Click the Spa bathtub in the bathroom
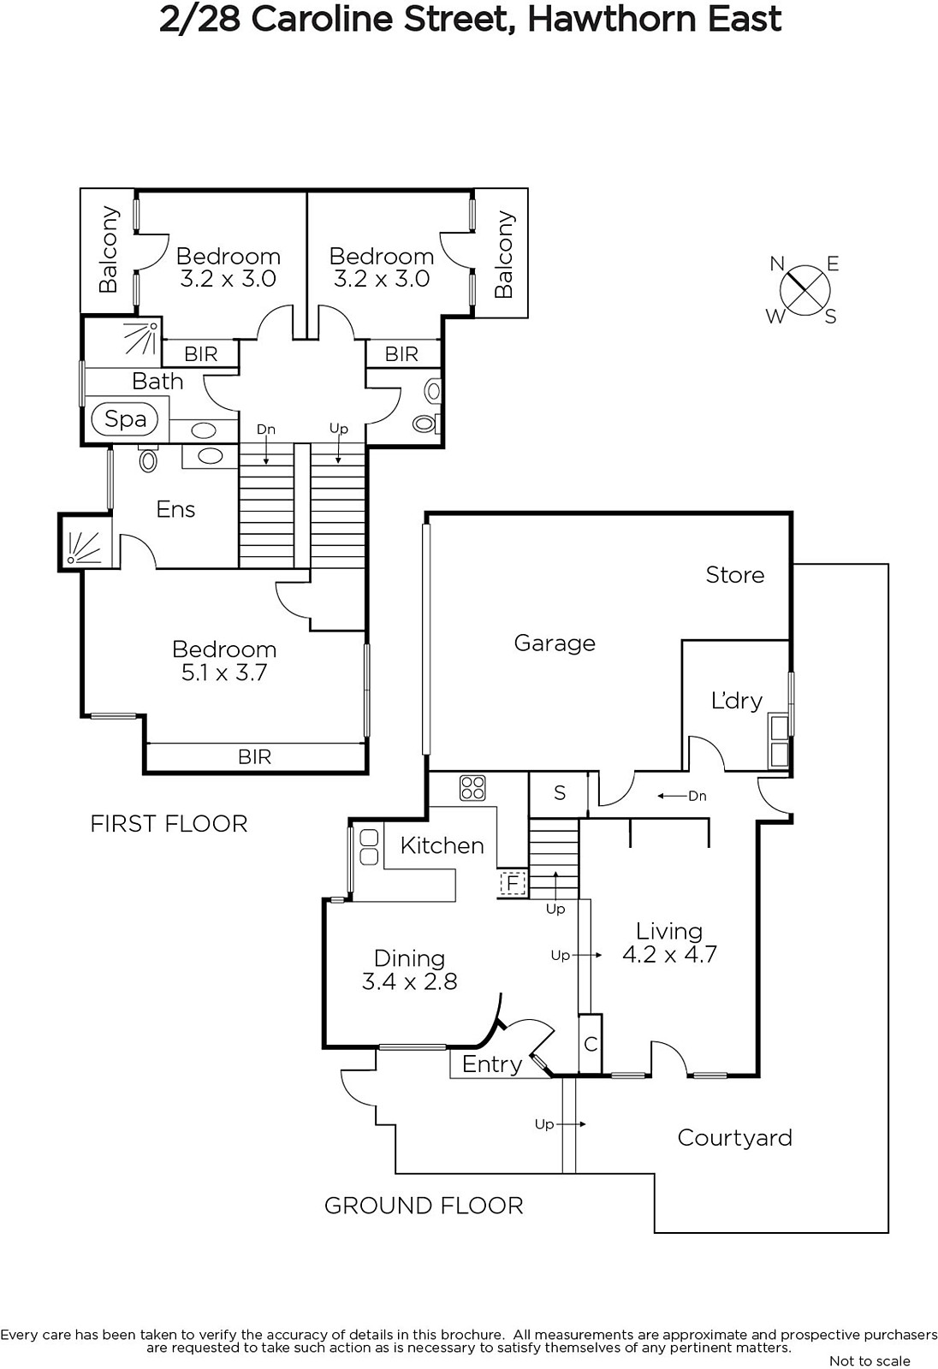[125, 418]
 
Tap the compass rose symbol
[804, 289]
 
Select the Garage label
[555, 643]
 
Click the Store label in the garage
[734, 575]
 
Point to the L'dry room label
[736, 701]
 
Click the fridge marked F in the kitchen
[512, 882]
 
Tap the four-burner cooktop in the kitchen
[472, 786]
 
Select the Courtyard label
[734, 1138]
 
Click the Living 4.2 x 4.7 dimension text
[669, 955]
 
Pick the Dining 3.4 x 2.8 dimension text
[409, 981]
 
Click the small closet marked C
[591, 1044]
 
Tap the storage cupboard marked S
[560, 793]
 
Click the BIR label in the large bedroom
[254, 756]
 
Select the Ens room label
[175, 510]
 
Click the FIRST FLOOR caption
[169, 824]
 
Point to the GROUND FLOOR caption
[424, 1206]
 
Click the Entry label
[491, 1064]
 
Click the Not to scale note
[870, 1360]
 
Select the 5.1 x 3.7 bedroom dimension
[224, 673]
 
